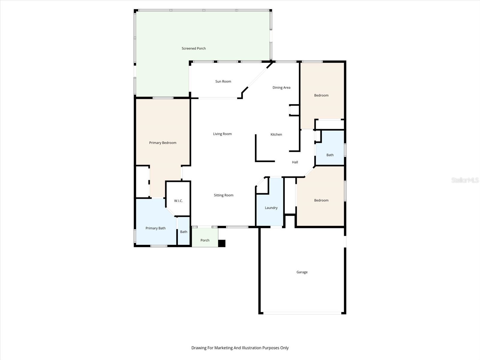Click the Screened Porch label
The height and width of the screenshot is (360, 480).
point(193,48)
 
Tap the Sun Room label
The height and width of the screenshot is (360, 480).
point(223,81)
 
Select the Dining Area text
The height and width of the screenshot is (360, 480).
point(281,88)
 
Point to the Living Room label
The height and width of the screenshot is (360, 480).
point(222,134)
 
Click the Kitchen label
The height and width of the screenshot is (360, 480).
point(276,134)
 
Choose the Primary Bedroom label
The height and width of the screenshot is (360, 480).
point(163,143)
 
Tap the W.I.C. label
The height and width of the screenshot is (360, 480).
point(178,201)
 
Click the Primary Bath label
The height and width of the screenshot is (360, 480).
point(155,228)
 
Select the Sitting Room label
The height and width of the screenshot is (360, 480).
point(223,195)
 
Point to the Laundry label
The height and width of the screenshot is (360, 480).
point(271,208)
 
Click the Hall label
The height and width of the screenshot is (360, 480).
point(295,162)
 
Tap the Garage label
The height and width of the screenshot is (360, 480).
point(302,272)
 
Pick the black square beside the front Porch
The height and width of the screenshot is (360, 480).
point(222,243)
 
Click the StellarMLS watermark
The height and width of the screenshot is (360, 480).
point(465,180)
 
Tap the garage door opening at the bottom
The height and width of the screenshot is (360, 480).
point(302,313)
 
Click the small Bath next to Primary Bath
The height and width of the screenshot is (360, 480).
point(184,232)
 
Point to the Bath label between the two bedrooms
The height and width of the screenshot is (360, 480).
point(330,155)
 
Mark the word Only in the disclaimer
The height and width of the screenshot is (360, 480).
point(284,348)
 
